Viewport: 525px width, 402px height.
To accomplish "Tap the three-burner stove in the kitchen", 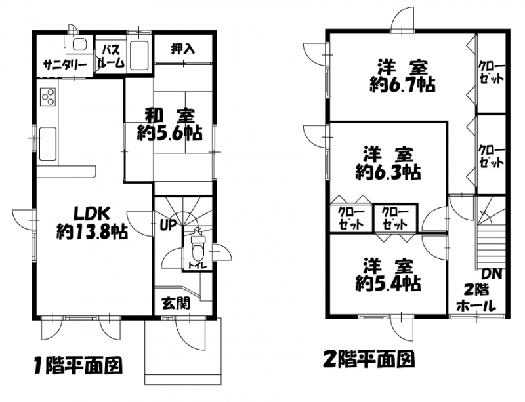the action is point(48,96).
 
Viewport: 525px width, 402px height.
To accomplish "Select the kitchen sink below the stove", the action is point(48,143).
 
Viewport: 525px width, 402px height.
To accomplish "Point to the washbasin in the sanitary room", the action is point(79,45).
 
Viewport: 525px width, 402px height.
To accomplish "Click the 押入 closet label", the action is point(183,49).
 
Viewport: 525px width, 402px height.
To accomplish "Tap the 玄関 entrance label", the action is point(176,303).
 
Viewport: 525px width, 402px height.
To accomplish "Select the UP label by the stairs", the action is point(168,225).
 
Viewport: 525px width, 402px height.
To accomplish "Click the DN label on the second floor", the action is point(492,275).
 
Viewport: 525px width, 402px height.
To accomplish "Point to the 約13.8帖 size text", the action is point(92,231).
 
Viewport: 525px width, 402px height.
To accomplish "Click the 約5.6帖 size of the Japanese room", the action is point(169,133).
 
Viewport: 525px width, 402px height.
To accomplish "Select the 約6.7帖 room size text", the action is point(403,85).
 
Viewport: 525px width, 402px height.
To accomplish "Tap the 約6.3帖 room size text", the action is point(388,172).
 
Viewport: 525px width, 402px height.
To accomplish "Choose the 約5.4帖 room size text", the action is point(388,284).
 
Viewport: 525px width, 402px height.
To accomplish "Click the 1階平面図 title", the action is point(78,365).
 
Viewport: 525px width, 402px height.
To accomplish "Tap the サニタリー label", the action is point(65,64).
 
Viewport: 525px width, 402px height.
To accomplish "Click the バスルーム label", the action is point(111,56).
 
